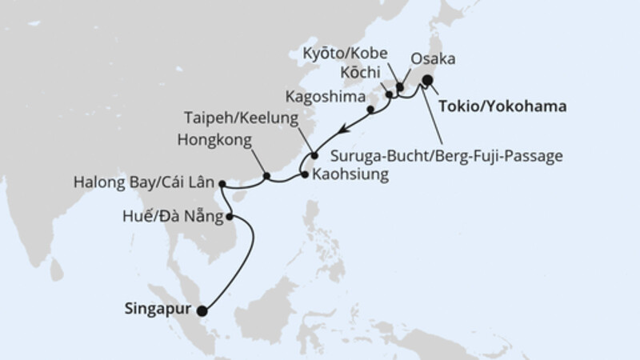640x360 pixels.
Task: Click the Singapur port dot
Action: click(x=202, y=312)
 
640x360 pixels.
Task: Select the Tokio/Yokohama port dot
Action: click(x=428, y=80)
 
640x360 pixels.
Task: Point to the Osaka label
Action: click(x=433, y=58)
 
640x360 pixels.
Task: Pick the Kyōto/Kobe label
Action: click(x=346, y=54)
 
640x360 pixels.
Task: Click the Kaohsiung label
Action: click(x=350, y=174)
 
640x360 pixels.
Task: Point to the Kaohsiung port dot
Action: click(x=305, y=174)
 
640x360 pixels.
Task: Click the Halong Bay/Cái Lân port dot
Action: click(x=222, y=183)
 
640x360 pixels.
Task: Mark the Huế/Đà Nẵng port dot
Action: click(x=230, y=216)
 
